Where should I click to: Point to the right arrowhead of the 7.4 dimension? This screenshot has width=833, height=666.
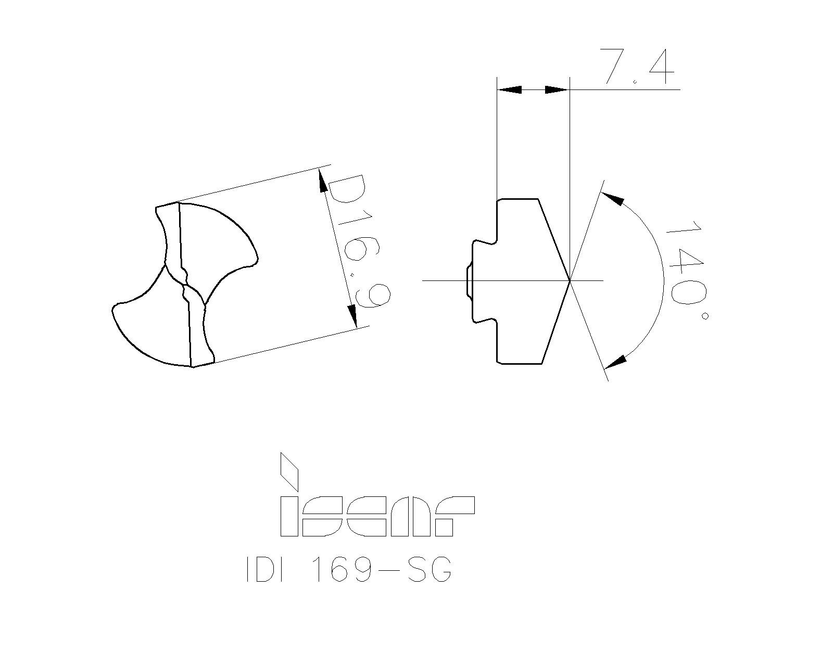click(557, 90)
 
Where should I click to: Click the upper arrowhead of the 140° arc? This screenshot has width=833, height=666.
click(612, 198)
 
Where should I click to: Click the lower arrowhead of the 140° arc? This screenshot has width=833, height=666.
click(615, 361)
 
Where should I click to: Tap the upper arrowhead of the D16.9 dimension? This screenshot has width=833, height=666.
click(322, 183)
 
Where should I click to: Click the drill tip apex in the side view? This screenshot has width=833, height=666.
click(570, 280)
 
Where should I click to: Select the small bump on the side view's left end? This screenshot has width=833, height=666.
click(468, 281)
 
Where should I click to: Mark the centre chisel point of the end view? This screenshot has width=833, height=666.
click(185, 284)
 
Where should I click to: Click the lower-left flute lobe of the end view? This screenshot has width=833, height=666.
click(151, 328)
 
